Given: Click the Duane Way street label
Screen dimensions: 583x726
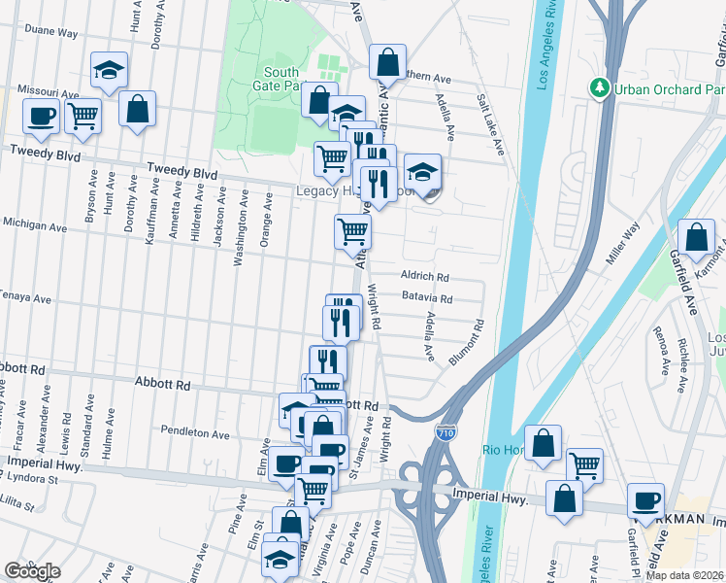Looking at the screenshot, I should click(x=50, y=32).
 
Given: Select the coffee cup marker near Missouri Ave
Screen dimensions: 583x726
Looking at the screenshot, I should click(x=42, y=116).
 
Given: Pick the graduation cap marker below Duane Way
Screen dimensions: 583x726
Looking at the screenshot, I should click(x=109, y=69).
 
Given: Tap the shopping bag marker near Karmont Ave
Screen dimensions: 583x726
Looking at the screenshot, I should click(x=696, y=238).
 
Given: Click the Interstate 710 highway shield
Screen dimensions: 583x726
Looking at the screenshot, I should click(x=445, y=429).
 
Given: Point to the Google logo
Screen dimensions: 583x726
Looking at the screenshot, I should click(x=32, y=571).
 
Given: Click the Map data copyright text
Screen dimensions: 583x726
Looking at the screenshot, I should click(x=685, y=575).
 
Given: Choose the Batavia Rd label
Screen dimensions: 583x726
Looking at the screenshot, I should click(x=427, y=298).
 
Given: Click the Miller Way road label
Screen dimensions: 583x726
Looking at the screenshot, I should click(x=624, y=244).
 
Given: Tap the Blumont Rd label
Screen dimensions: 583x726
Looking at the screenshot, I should click(x=467, y=343).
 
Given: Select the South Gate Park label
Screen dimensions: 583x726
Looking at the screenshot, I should click(x=280, y=79).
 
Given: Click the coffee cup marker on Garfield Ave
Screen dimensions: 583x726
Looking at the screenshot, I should click(x=645, y=501).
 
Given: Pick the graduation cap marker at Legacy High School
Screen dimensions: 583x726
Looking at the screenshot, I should click(x=422, y=173).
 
